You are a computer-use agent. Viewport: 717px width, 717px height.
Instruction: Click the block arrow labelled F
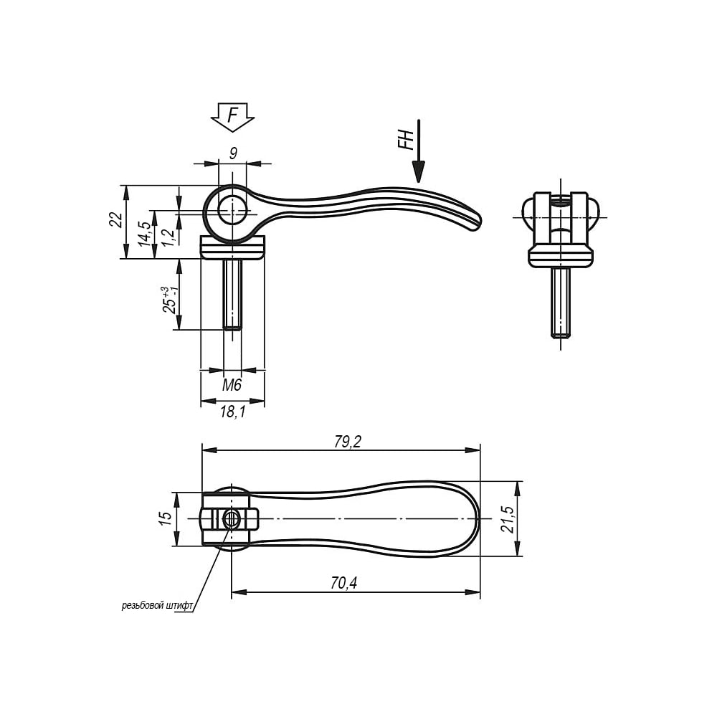tap(232, 117)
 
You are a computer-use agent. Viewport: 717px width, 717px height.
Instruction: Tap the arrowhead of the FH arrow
tap(418, 172)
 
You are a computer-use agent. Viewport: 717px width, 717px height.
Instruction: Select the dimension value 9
tap(233, 153)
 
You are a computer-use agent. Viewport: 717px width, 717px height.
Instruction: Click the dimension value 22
tap(116, 220)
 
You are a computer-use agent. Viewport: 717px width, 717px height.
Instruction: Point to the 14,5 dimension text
tap(145, 234)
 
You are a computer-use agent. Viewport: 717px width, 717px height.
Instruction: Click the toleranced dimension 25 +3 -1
tap(169, 299)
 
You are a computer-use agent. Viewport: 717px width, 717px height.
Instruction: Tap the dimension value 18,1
tap(233, 412)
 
